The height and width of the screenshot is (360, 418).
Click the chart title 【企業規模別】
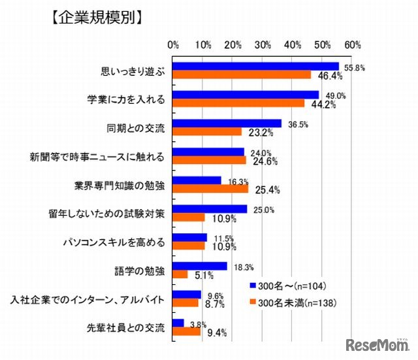click(96, 18)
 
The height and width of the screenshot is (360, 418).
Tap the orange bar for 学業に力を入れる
click(239, 103)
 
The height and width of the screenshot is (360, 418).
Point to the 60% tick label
click(353, 44)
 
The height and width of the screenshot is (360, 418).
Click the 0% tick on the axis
click(174, 44)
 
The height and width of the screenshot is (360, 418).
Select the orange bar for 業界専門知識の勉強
click(211, 189)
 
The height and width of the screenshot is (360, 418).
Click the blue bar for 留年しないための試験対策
click(210, 209)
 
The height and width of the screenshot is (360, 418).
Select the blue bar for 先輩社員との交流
click(179, 322)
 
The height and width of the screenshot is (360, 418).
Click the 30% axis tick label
click(263, 44)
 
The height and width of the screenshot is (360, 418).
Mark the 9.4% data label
click(216, 332)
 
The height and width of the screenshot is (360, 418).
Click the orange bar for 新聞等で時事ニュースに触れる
click(210, 160)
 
